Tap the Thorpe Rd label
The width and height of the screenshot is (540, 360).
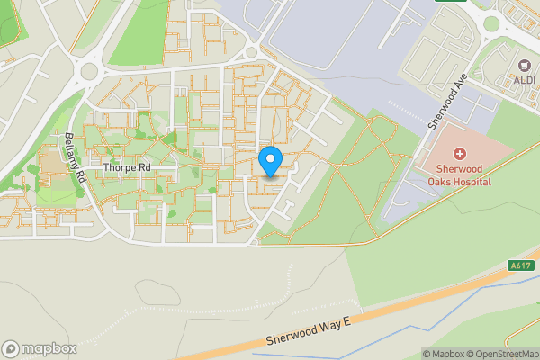coord(126,167)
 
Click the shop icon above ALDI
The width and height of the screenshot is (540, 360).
coord(525,66)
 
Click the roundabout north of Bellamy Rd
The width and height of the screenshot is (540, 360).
coord(90,70)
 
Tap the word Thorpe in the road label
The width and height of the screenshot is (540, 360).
coord(118,167)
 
